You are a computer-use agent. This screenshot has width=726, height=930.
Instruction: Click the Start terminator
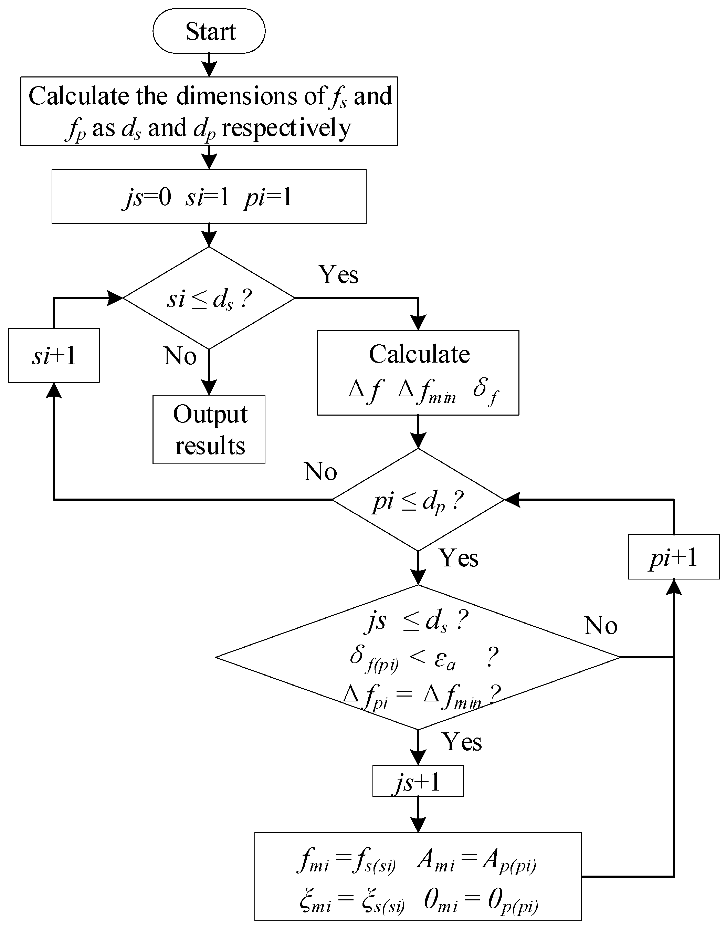point(209,31)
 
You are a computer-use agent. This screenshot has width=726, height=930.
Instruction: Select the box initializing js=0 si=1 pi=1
point(209,197)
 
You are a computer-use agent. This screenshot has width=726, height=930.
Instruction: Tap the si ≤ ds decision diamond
point(209,299)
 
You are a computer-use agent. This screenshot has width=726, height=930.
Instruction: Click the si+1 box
point(54,355)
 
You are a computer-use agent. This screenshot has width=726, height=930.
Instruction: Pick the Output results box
point(209,429)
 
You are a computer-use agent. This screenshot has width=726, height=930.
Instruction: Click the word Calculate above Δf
point(419,354)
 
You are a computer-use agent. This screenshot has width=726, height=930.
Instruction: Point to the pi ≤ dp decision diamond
point(418,500)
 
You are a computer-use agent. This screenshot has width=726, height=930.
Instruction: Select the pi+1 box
point(674,557)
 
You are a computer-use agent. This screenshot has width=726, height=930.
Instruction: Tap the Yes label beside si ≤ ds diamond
point(338,275)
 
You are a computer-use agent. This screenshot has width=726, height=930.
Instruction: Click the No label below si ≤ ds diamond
point(180,356)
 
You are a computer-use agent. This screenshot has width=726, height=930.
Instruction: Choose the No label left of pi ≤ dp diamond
point(320,472)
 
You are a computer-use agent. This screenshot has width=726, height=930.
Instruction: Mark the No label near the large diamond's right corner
point(601,626)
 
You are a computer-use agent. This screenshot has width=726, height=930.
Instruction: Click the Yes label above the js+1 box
point(462,742)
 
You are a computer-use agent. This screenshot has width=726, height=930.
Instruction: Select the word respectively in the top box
point(286,127)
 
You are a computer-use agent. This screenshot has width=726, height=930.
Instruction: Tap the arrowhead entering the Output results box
point(209,388)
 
